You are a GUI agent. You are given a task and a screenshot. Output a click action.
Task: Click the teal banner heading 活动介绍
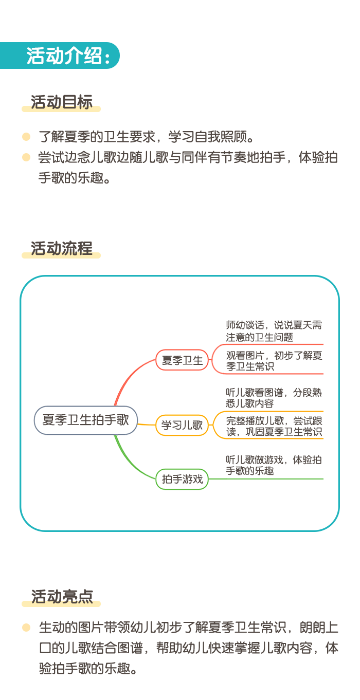click(68, 56)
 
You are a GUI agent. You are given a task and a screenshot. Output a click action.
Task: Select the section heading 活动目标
click(62, 102)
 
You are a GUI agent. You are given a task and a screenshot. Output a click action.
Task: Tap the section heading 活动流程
click(62, 248)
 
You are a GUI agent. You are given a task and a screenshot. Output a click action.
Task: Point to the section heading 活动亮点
click(62, 597)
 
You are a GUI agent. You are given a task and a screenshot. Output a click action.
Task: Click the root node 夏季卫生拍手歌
click(86, 420)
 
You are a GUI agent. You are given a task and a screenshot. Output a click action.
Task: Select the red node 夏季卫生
click(182, 360)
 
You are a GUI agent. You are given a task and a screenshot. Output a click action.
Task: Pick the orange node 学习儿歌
click(182, 425)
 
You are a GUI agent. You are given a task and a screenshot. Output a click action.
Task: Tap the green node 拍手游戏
click(182, 479)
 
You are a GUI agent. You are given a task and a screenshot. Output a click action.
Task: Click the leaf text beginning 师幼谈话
click(274, 331)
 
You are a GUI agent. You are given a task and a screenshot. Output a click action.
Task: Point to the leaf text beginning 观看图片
click(274, 361)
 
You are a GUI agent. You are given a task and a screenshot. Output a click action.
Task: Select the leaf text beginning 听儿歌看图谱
click(274, 397)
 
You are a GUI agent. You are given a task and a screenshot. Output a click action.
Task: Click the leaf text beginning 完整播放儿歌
click(274, 426)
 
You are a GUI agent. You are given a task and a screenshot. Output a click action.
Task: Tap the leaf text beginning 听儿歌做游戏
click(274, 465)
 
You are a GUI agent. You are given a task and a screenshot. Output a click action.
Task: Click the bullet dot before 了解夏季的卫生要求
click(26, 137)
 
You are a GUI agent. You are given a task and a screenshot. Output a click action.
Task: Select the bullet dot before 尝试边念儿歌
click(26, 157)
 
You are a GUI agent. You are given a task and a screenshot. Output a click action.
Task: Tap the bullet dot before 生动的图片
click(26, 627)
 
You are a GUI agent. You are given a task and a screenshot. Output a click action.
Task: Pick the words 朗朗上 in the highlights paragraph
click(319, 627)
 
